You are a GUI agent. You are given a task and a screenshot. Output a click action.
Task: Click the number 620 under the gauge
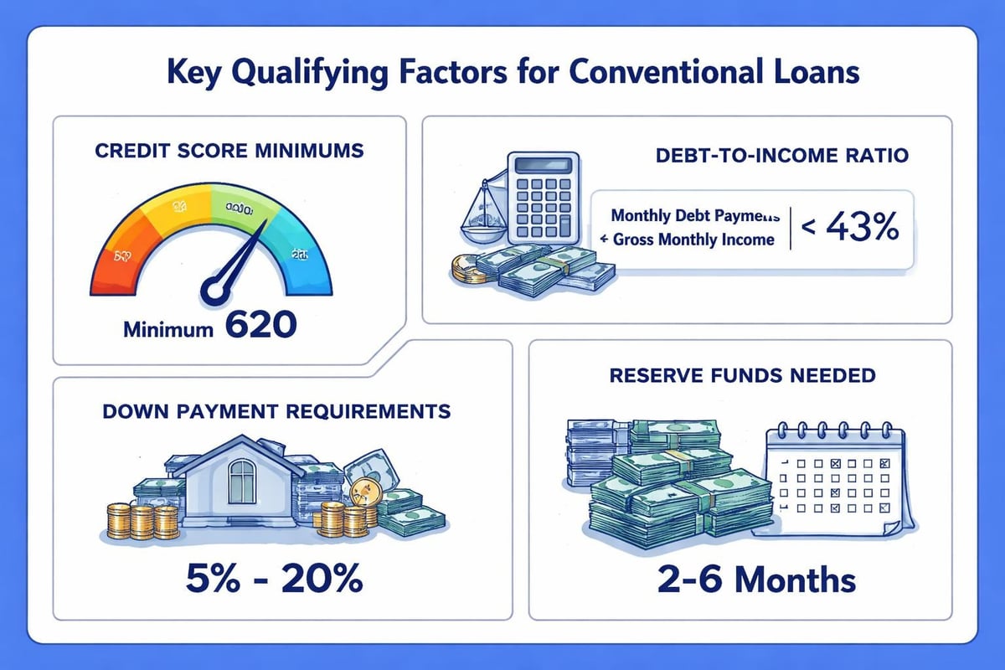tap(260, 324)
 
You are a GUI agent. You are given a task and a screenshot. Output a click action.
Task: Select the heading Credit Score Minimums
tap(229, 152)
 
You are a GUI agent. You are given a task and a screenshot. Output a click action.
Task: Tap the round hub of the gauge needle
tap(214, 291)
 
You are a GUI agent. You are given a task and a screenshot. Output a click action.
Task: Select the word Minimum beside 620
tap(168, 329)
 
